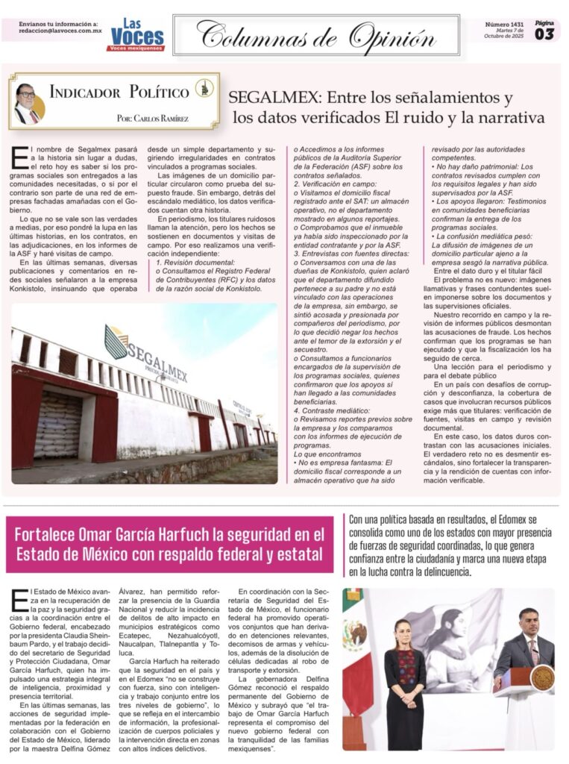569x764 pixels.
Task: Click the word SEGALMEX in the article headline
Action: pos(264,98)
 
